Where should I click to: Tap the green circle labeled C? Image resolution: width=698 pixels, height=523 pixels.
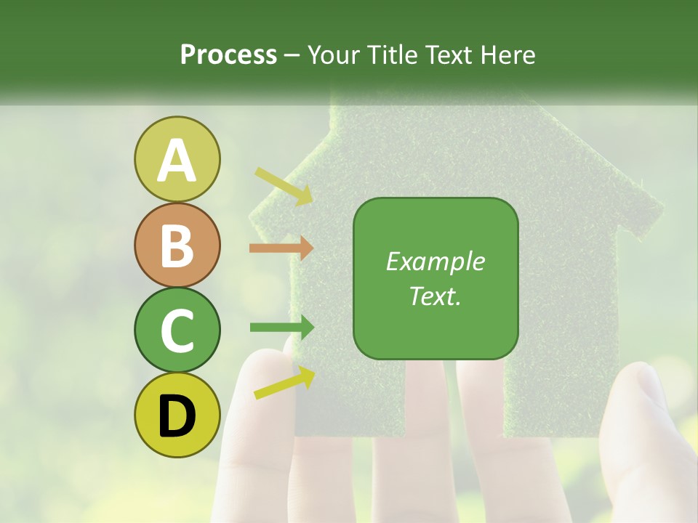pos(177,330)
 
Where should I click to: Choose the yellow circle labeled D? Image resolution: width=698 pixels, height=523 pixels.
pos(177,415)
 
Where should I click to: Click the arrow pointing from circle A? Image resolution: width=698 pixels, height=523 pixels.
pos(284,186)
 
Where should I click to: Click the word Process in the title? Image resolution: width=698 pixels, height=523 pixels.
pos(228,54)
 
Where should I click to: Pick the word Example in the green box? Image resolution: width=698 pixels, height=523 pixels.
pos(436,261)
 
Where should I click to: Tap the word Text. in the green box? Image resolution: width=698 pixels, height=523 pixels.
pos(436,296)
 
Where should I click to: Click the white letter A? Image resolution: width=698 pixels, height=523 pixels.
pos(177,161)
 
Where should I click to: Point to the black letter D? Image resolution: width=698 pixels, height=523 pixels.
pos(177,415)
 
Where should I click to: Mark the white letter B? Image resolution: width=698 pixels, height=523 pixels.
pos(177,246)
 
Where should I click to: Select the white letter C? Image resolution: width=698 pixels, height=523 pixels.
pos(177,331)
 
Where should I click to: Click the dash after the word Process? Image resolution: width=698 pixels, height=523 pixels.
pos(292,55)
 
